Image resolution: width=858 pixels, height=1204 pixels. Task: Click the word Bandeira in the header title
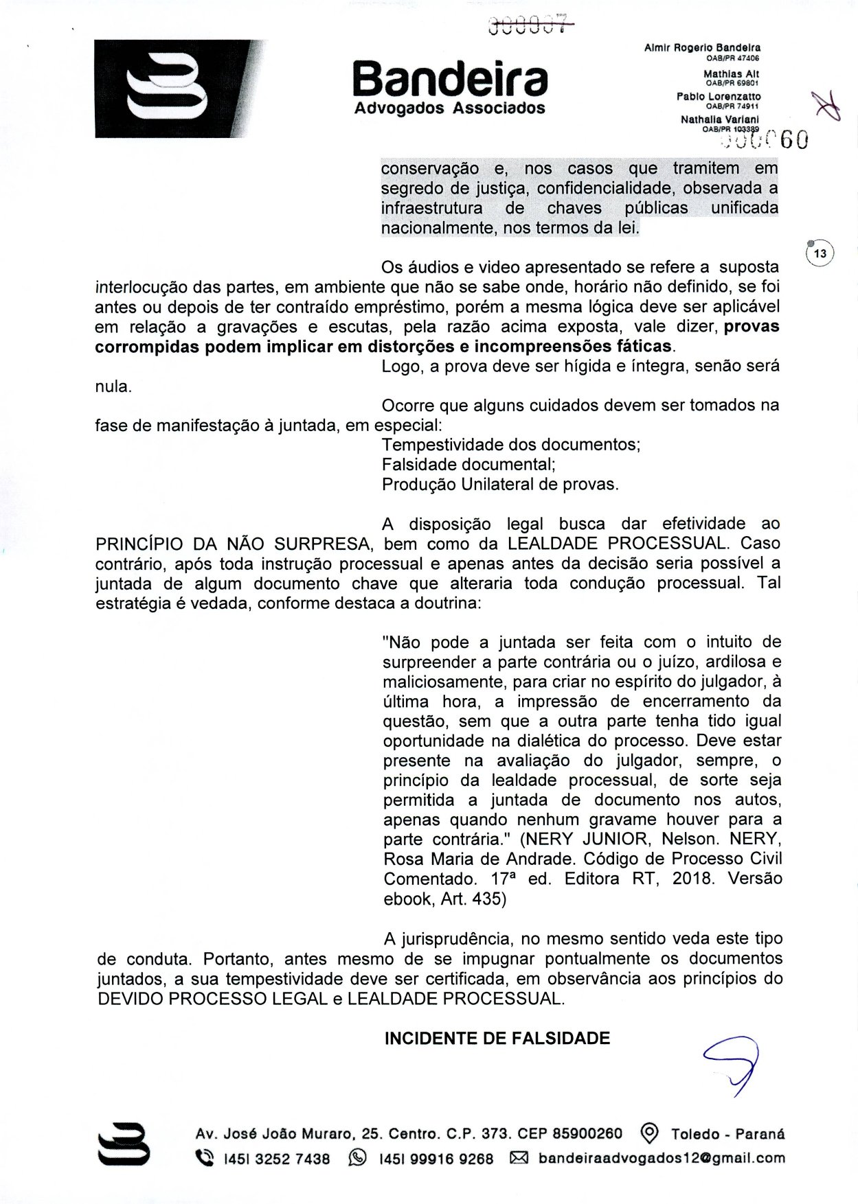[x=450, y=81]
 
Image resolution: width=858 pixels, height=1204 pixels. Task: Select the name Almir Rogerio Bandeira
[x=702, y=48]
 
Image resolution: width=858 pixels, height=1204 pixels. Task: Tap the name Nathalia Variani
[x=719, y=119]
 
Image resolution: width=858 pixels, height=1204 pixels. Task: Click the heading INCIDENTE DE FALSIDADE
[x=497, y=1038]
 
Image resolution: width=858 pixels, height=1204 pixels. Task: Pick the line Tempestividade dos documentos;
[x=511, y=444]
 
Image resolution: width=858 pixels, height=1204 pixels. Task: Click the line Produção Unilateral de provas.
[x=500, y=484]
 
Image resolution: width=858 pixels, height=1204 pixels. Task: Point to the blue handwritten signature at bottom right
[x=732, y=1064]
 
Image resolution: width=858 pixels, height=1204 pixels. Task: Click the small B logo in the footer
[x=124, y=1144]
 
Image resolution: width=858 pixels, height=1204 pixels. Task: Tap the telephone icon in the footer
[x=205, y=1158]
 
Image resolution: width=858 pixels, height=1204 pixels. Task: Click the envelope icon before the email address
[x=519, y=1158]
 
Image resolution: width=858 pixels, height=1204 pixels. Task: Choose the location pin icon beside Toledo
[x=649, y=1133]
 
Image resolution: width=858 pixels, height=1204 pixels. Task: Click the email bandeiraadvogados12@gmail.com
[x=662, y=1158]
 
